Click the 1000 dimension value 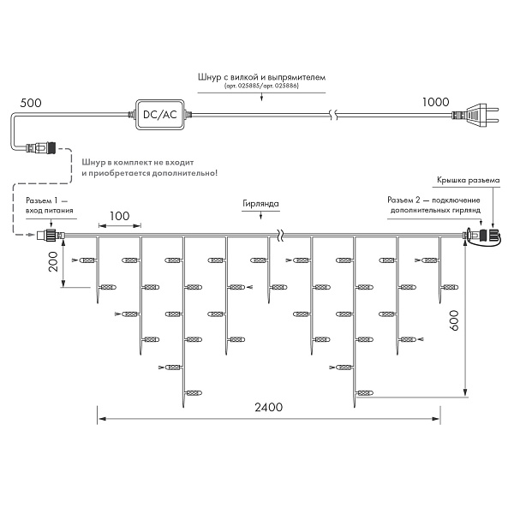coord(436,102)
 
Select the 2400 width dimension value coord(269,407)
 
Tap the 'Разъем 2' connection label coord(434,204)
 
